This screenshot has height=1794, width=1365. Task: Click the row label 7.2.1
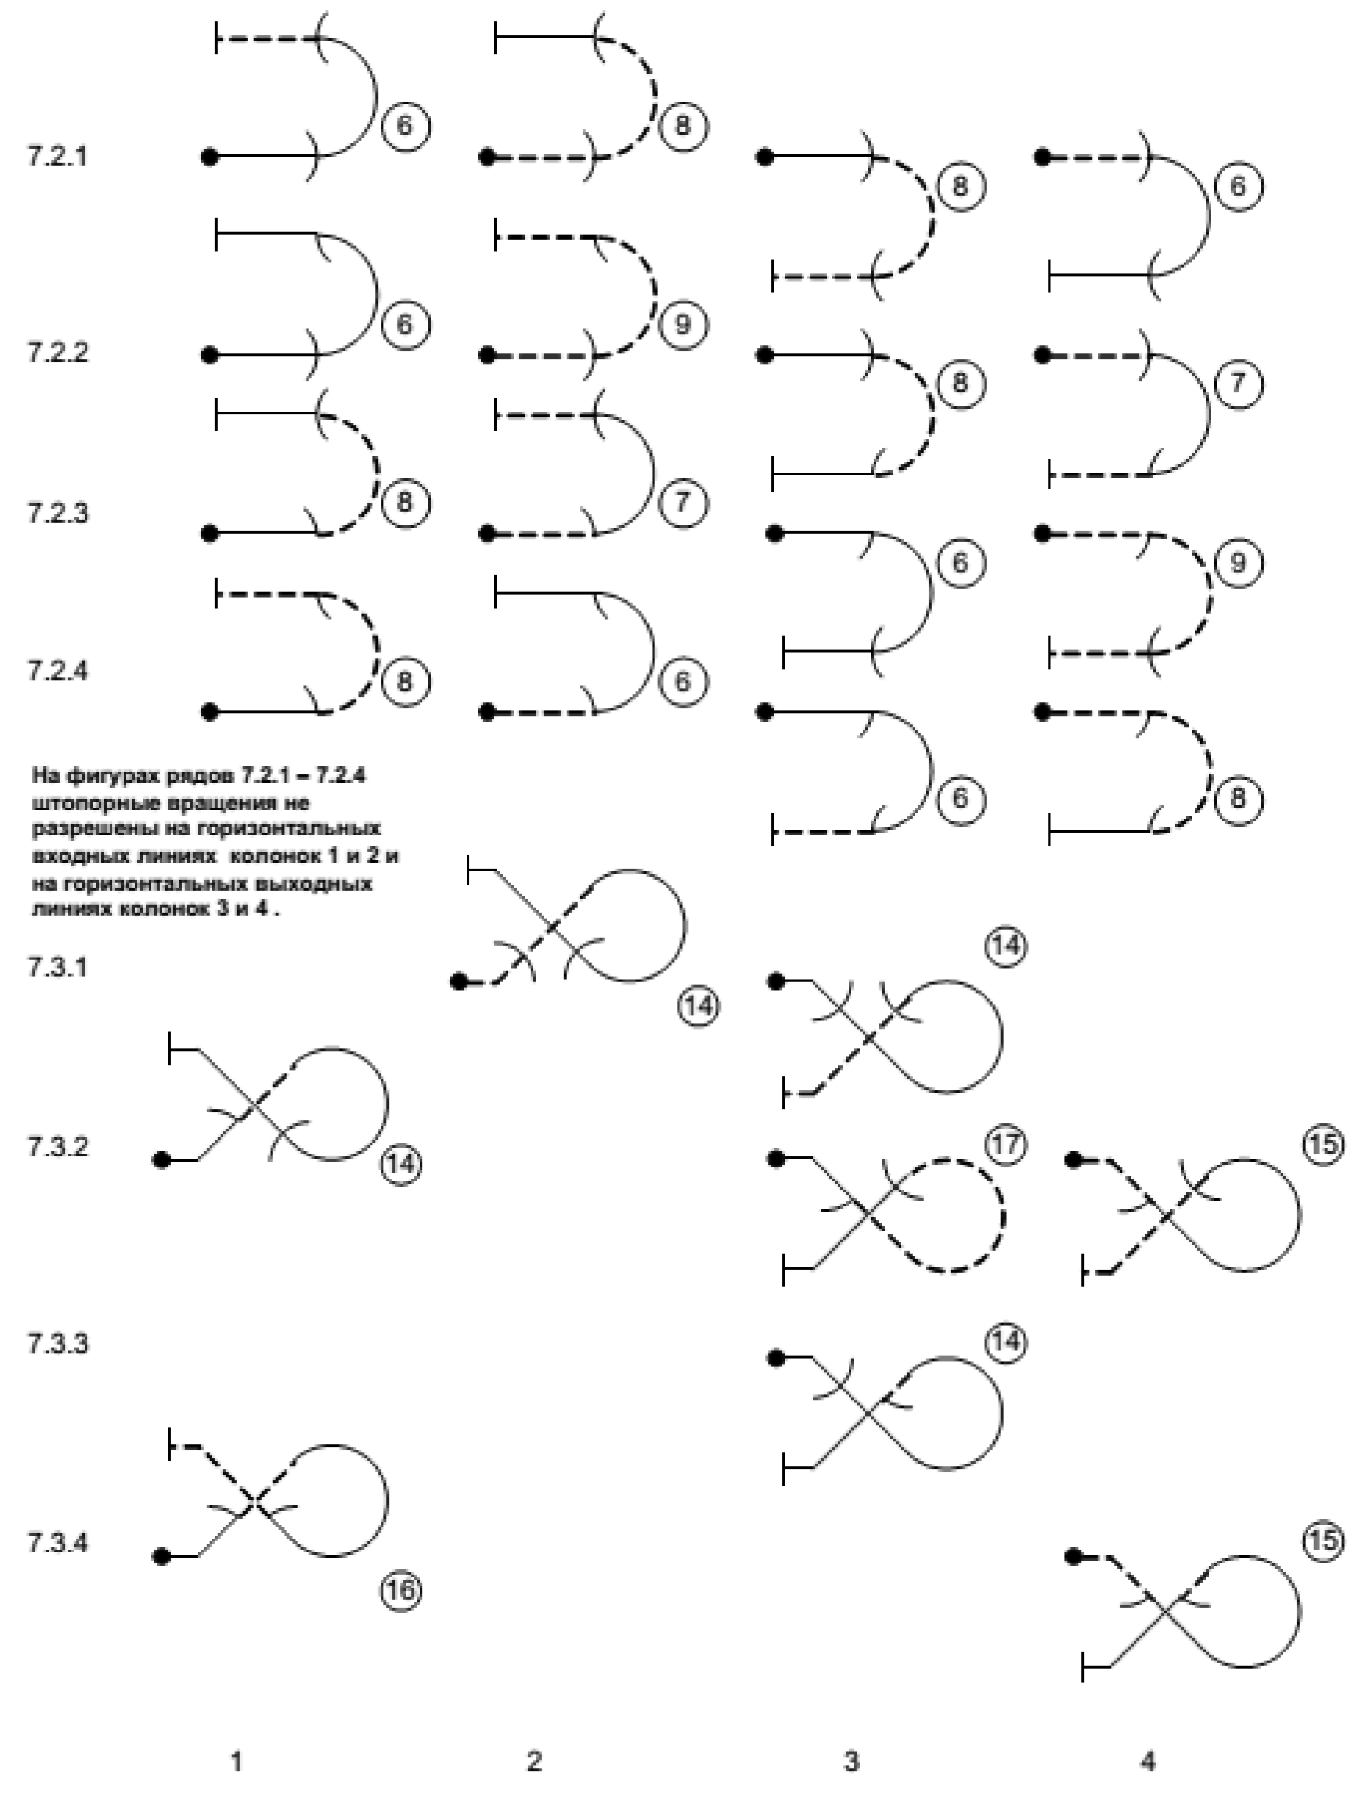pos(57,156)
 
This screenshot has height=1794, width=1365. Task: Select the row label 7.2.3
pos(57,513)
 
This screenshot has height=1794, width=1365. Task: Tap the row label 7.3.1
pos(57,968)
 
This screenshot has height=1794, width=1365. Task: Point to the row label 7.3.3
pos(57,1344)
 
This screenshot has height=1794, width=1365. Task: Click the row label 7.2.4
pos(57,671)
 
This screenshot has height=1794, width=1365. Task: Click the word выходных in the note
pos(325,883)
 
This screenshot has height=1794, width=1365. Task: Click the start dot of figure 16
pos(163,1556)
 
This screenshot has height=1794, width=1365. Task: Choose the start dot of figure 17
pos(776,1158)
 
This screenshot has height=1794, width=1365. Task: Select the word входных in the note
pos(76,856)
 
